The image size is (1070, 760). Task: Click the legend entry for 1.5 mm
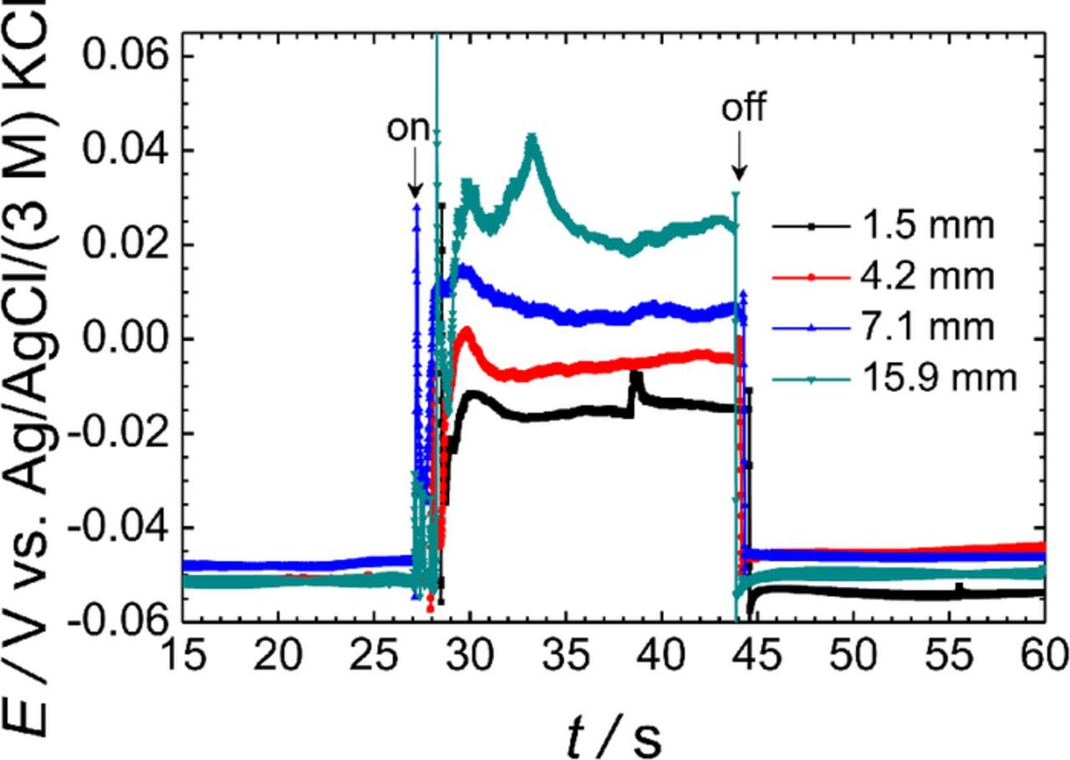coord(925,226)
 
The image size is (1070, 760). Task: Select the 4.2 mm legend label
coord(925,276)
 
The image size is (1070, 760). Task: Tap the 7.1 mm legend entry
coord(925,327)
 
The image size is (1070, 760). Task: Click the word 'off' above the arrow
coord(743,108)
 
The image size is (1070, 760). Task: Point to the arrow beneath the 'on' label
coord(414,176)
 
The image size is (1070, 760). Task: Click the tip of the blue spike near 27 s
coord(416,204)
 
